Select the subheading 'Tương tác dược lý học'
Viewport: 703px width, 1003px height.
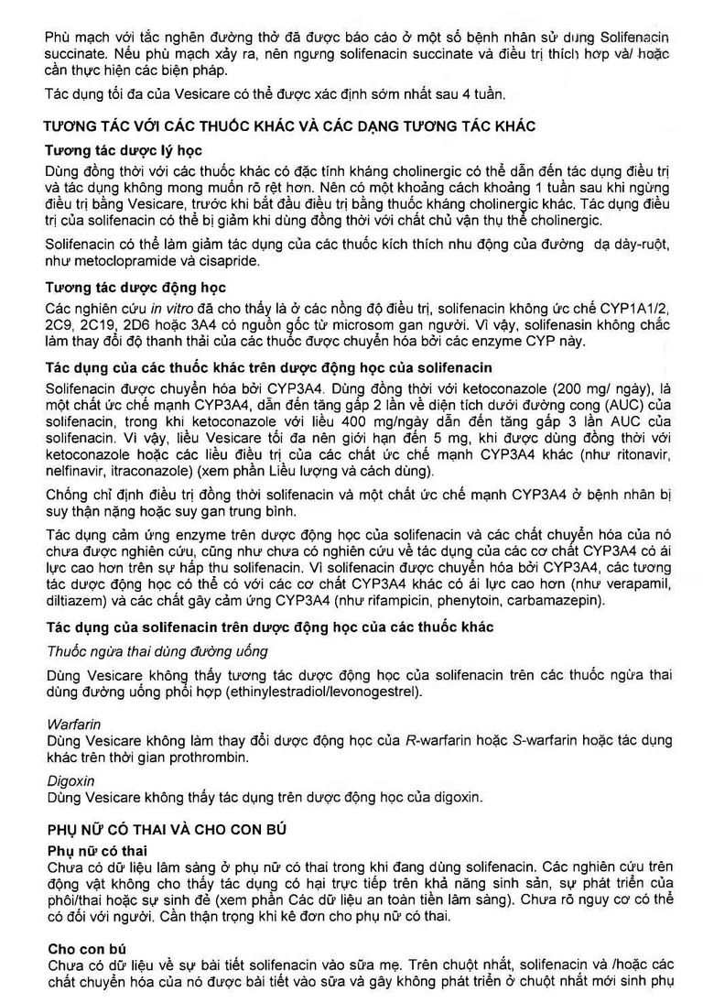coord(123,149)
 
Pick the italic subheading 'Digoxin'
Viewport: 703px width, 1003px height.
coord(71,780)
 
